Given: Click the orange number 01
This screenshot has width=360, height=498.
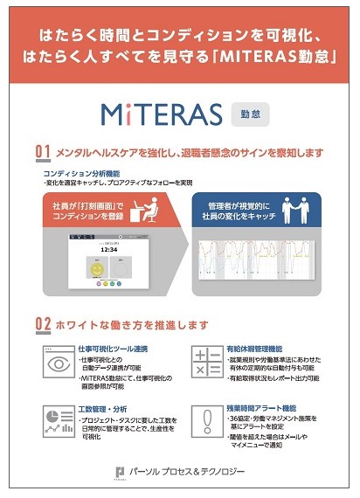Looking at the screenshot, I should (x=42, y=152).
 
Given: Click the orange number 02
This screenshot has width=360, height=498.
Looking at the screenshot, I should (x=42, y=324).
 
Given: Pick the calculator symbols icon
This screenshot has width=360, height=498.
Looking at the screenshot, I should (x=207, y=362).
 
